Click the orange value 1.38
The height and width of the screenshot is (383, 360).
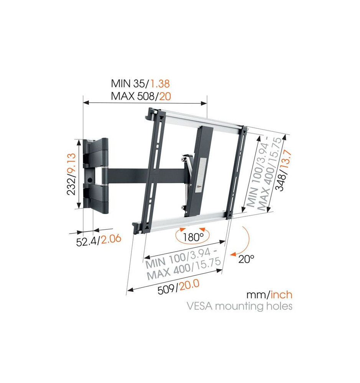coord(160,84)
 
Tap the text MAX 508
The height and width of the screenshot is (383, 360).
coord(133,96)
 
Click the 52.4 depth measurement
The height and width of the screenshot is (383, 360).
coord(87,242)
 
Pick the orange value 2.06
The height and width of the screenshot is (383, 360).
coord(111,239)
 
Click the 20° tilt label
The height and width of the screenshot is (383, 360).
coord(246,259)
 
